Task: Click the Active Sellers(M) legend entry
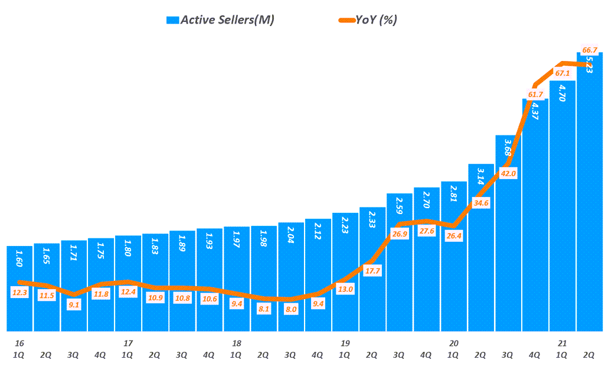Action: click(221, 20)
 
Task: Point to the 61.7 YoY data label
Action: click(535, 95)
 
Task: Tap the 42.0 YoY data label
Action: click(508, 173)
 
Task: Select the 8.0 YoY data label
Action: click(291, 309)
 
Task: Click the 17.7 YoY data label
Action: click(372, 271)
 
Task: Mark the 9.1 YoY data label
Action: click(74, 305)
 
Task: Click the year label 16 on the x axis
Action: click(19, 343)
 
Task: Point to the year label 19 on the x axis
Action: click(345, 343)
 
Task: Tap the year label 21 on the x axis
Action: click(563, 343)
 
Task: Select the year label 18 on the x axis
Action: click(237, 343)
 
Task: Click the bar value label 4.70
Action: click(563, 93)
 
